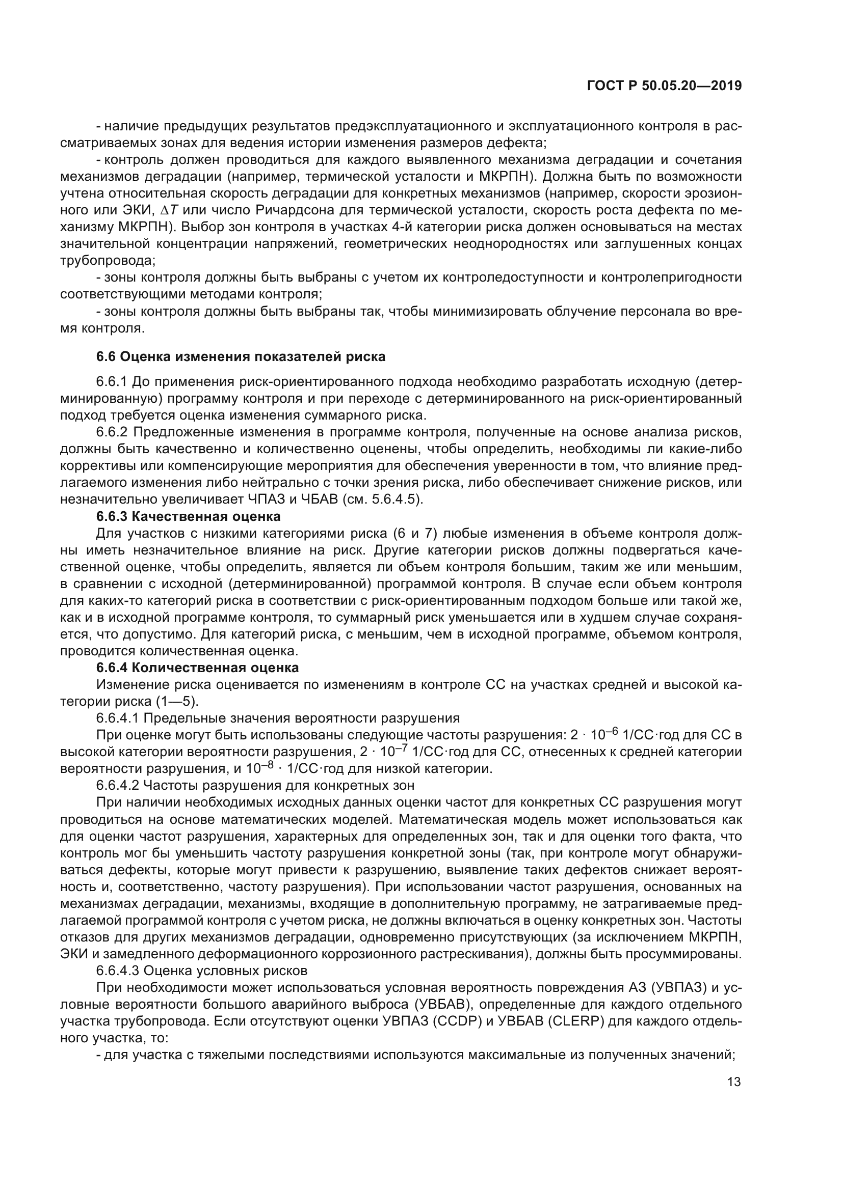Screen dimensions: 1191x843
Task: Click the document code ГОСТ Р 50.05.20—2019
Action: (x=664, y=86)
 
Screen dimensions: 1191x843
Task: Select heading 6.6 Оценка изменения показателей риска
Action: (x=241, y=356)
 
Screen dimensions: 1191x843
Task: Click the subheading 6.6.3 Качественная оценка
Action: (x=189, y=516)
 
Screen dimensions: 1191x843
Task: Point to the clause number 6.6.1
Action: (x=112, y=382)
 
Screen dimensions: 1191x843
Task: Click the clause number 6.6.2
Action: (x=112, y=432)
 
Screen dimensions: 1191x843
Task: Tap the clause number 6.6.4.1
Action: (x=117, y=718)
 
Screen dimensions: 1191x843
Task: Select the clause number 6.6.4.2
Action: (x=117, y=785)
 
